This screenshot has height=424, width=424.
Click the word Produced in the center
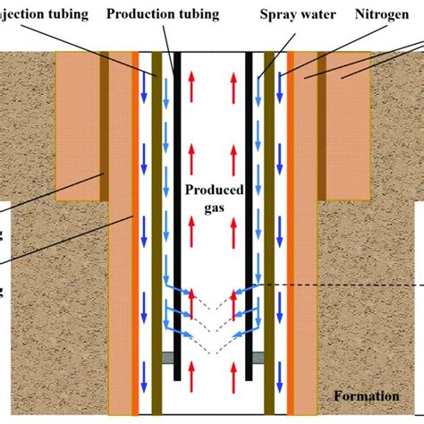point(211,191)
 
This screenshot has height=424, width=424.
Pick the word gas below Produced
point(211,208)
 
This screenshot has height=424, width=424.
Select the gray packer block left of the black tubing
point(166,358)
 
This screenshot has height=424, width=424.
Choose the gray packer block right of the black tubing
point(258,358)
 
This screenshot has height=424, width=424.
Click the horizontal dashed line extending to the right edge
point(358,285)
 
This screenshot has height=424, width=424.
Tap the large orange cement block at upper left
point(78,125)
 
